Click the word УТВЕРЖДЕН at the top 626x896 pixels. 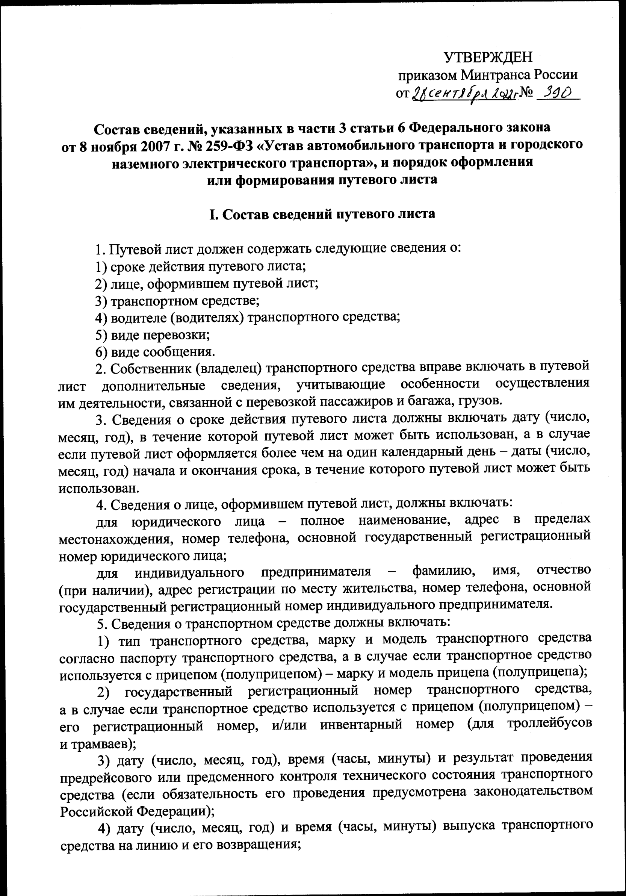pyautogui.click(x=488, y=58)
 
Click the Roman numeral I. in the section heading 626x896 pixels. pyautogui.click(x=213, y=214)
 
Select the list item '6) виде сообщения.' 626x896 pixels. pyautogui.click(x=155, y=353)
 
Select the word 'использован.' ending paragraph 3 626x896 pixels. pyautogui.click(x=99, y=489)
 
